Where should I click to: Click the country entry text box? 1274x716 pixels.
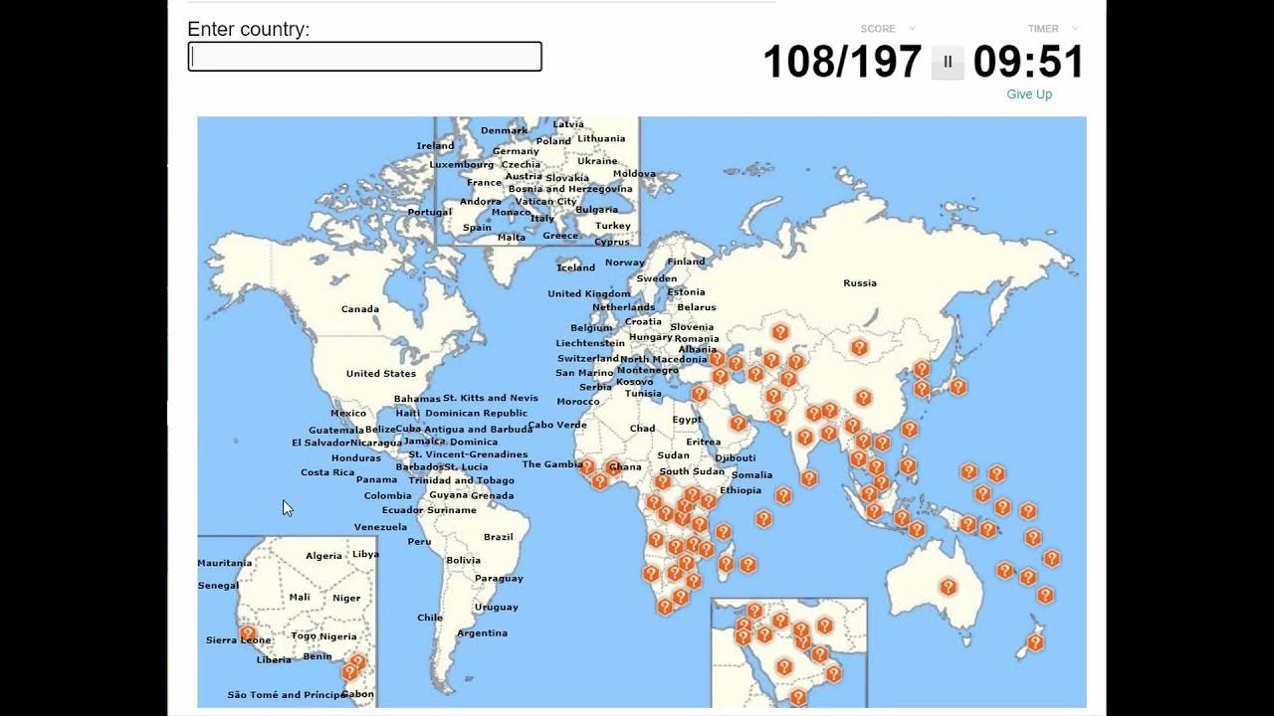coord(364,57)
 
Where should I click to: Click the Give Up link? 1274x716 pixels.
coord(1029,94)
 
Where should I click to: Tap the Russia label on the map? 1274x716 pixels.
coord(860,283)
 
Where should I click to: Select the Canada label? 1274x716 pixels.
coord(360,309)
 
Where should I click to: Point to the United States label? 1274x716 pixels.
coord(381,374)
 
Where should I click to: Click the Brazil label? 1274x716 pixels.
coord(499,537)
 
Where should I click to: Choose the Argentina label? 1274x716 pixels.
coord(482,633)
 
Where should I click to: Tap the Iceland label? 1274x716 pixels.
coord(576,268)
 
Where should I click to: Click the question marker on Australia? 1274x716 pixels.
coord(948,588)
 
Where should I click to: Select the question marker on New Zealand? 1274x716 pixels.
coord(1035,642)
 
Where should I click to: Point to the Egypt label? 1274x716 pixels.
coord(687,420)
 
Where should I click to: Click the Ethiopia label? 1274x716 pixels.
coord(741,490)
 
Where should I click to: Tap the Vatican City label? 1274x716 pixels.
coord(546,202)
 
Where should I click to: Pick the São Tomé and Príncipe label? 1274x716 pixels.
coord(287,695)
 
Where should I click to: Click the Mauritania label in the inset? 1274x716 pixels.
coord(225,563)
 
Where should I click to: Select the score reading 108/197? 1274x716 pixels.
coord(842,62)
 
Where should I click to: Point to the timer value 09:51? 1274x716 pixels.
coord(1028,62)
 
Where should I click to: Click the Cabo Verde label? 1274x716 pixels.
coord(557,425)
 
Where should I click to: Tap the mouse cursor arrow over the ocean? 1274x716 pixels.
coord(288,508)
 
